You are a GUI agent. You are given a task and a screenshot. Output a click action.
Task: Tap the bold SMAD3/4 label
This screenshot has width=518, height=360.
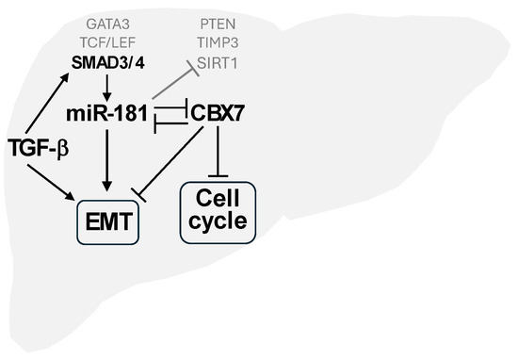click(106, 63)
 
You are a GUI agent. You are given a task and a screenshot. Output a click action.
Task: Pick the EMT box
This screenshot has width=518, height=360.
click(107, 222)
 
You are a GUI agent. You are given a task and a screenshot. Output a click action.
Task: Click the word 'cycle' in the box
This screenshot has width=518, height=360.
click(219, 222)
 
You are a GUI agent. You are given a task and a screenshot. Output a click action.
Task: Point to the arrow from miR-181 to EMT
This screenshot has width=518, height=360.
click(106, 160)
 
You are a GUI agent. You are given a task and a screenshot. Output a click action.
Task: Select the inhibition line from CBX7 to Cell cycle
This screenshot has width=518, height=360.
click(219, 151)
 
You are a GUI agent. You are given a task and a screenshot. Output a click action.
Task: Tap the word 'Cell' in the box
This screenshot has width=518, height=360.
click(219, 199)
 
